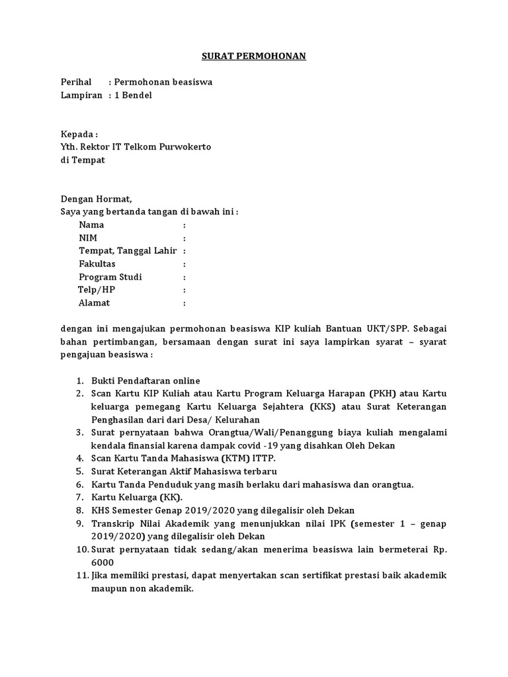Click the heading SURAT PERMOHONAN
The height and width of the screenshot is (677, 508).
(253, 57)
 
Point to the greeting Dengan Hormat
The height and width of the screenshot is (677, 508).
(97, 198)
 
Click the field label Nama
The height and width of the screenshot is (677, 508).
(91, 225)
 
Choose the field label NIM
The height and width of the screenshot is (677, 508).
(88, 238)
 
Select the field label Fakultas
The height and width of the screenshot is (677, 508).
(97, 264)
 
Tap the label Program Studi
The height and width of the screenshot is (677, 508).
(110, 277)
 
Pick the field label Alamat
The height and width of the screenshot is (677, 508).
(95, 303)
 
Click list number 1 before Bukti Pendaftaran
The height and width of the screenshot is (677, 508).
(78, 381)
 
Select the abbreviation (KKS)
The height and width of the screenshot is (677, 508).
(324, 407)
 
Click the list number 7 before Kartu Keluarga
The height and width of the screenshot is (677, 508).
(78, 497)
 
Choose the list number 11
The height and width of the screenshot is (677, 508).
(81, 575)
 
